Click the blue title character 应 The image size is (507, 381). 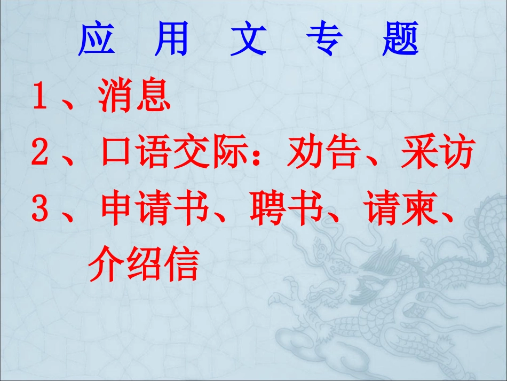click(96, 40)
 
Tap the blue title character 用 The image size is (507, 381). click(172, 40)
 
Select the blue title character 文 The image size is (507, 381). click(248, 40)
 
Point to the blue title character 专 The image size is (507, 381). click(324, 40)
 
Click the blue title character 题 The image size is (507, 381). click(400, 40)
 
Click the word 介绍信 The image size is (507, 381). click(143, 266)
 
